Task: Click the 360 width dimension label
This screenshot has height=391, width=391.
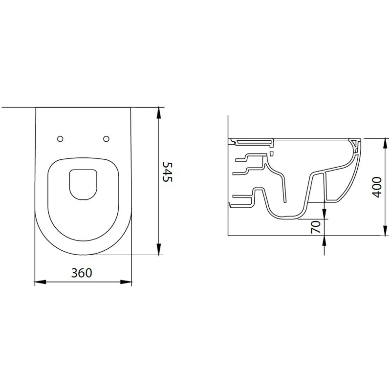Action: [x=82, y=273]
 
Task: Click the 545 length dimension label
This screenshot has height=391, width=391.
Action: [x=167, y=172]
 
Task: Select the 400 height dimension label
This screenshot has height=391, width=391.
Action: [x=376, y=187]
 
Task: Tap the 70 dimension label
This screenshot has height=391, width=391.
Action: [x=316, y=227]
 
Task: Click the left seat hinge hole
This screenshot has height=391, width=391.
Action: [x=60, y=139]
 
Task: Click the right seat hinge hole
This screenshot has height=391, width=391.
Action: [x=106, y=139]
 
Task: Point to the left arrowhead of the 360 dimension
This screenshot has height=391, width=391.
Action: [x=40, y=282]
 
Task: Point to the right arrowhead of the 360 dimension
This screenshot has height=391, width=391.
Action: [x=126, y=282]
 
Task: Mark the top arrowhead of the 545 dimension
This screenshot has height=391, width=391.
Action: [x=158, y=113]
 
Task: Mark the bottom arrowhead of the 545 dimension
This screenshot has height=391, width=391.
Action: [x=158, y=249]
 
